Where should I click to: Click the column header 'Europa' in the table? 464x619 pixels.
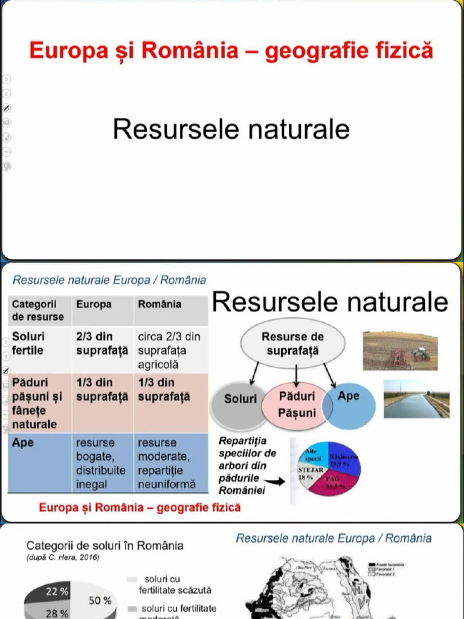(94, 305)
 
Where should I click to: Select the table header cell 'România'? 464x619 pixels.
(159, 305)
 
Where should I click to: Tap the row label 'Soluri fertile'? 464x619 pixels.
(29, 343)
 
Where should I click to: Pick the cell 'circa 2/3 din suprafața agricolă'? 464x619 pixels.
(169, 351)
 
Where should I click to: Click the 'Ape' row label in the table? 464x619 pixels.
(23, 443)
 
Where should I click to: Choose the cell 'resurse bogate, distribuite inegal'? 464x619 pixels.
(100, 464)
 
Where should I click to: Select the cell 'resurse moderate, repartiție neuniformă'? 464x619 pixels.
(167, 464)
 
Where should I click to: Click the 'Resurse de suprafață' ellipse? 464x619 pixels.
(293, 343)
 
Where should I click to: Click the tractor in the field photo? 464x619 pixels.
(421, 354)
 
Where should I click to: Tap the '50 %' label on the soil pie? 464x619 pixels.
(100, 601)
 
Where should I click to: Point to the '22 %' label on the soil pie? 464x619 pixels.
(57, 591)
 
